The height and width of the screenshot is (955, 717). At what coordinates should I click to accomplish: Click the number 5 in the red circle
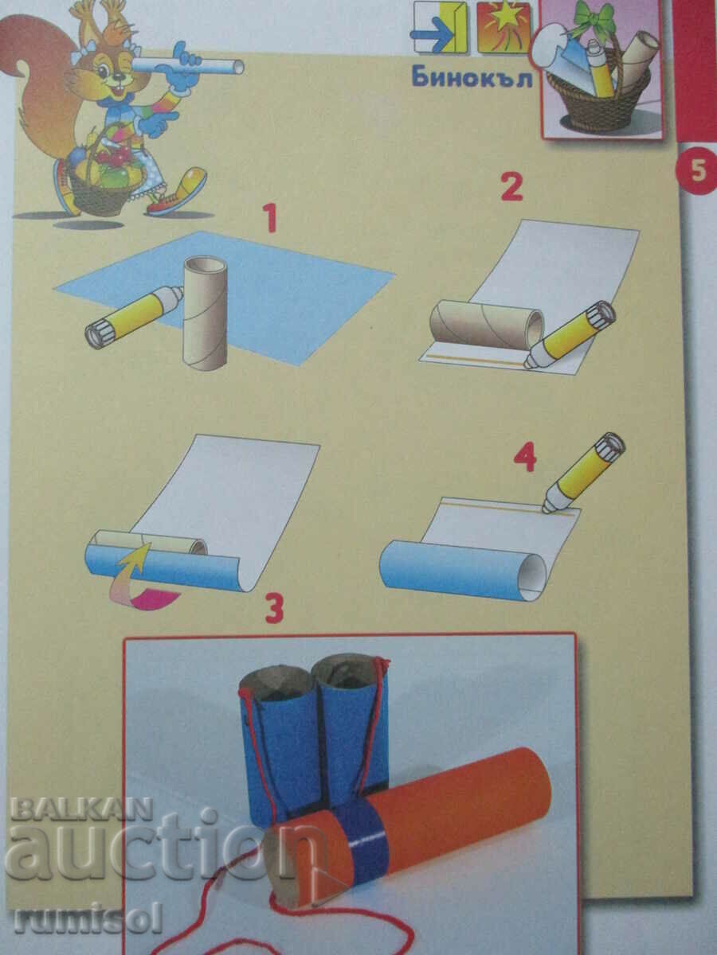[697, 171]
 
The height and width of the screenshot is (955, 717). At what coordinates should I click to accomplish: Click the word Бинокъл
[472, 79]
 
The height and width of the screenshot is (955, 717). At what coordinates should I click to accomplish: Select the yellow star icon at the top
[503, 27]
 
